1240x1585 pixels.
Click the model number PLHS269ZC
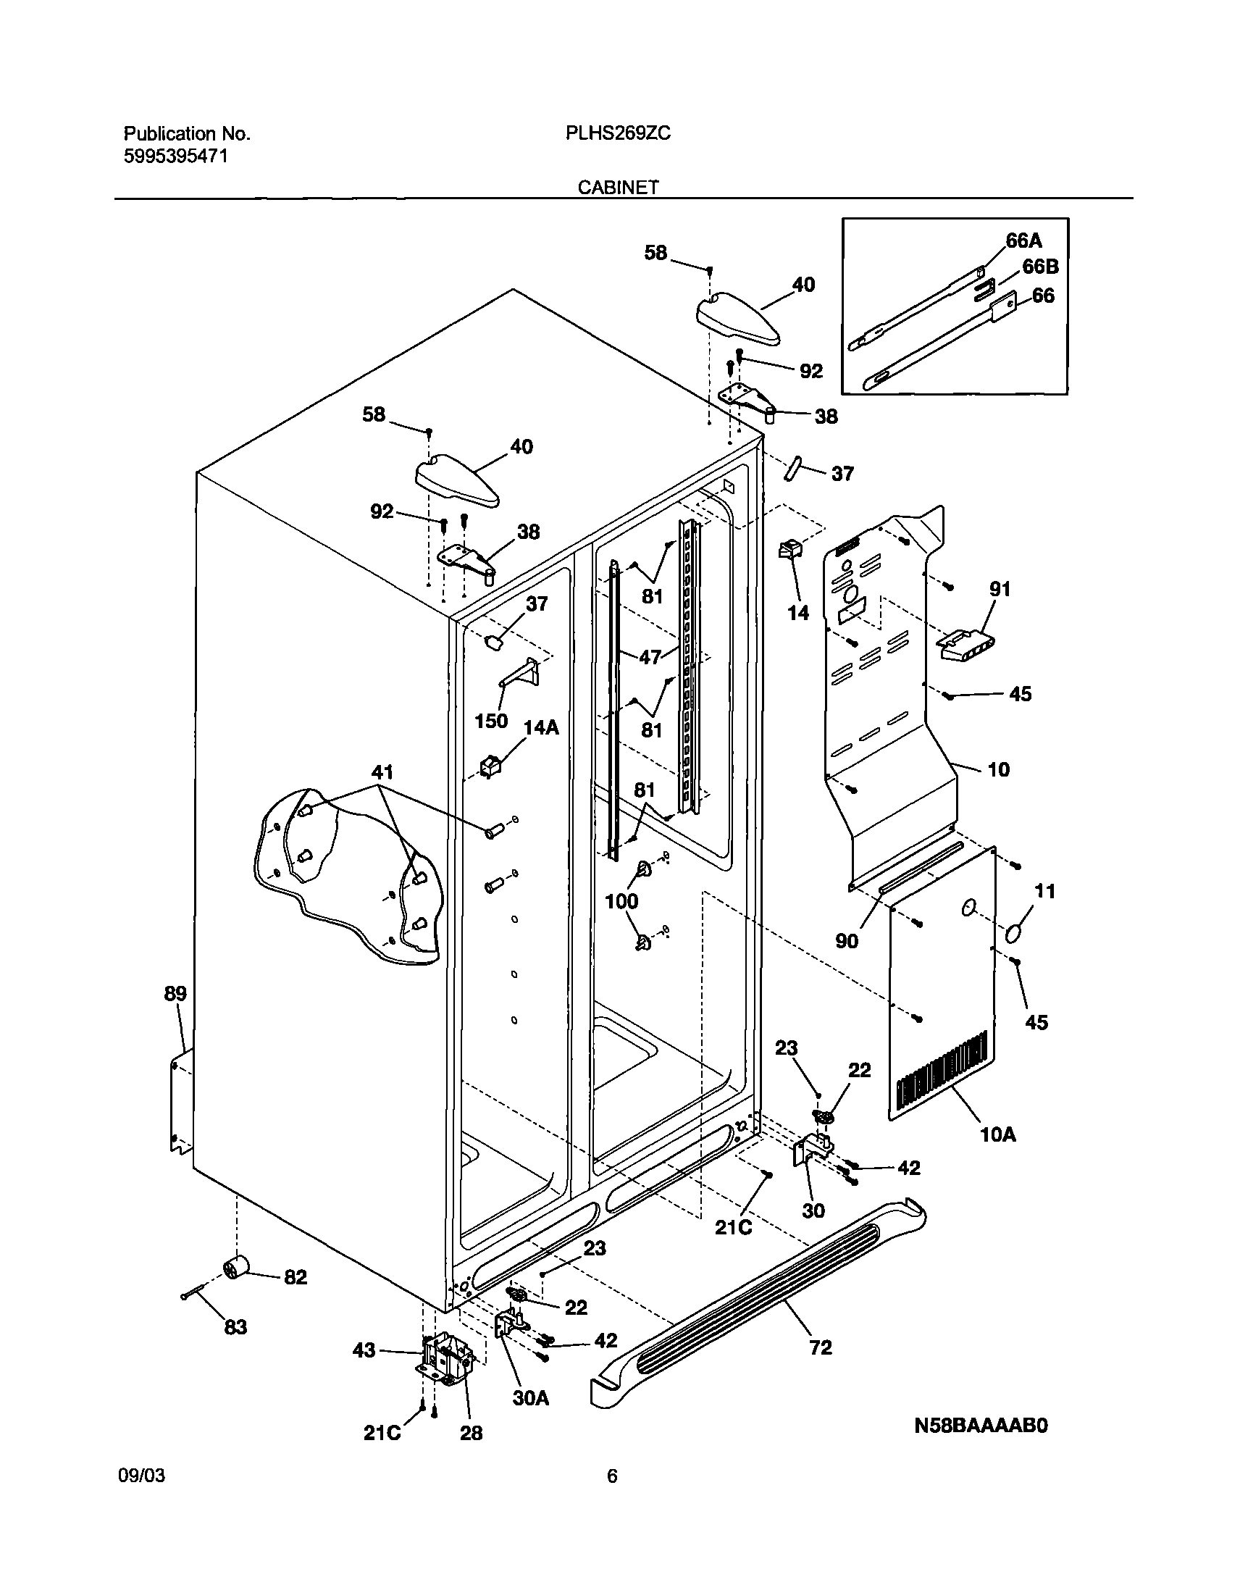point(618,133)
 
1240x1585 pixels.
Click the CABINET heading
point(618,188)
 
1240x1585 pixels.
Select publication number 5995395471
point(176,156)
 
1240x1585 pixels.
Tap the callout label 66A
point(1023,241)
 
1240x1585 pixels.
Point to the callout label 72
point(821,1347)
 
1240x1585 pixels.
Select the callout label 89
point(175,993)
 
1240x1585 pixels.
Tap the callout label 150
point(491,721)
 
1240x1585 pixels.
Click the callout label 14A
point(541,727)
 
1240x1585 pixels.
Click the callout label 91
point(1000,589)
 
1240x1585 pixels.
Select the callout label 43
point(364,1350)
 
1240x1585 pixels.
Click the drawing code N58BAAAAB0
point(980,1426)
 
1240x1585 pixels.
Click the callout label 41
point(382,771)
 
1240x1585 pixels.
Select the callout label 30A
point(530,1397)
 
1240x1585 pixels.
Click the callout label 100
point(621,901)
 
